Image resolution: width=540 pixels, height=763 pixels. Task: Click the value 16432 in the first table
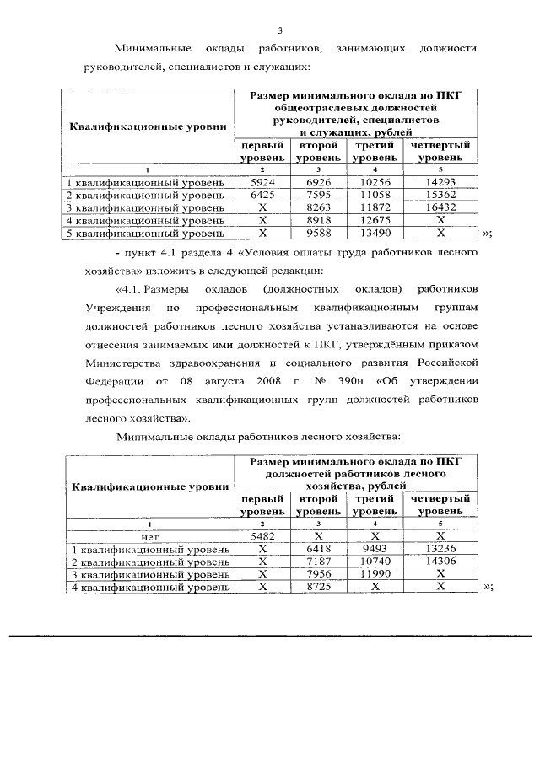point(441,207)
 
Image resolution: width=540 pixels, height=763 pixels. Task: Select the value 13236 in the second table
point(441,548)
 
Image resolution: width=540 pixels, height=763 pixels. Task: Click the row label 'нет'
point(149,535)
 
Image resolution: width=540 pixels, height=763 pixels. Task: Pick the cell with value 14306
point(441,561)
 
